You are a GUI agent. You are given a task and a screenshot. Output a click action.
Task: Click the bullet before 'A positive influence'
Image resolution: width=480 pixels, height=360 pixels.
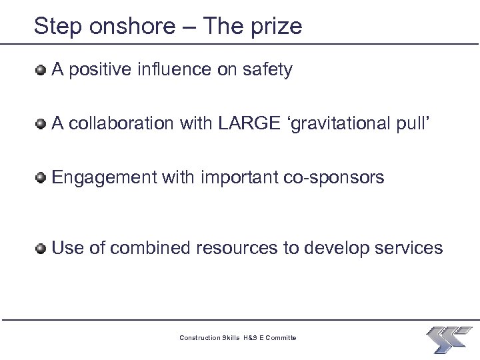coord(41,69)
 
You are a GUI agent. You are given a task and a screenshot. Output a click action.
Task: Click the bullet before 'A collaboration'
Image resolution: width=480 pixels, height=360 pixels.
coord(41,123)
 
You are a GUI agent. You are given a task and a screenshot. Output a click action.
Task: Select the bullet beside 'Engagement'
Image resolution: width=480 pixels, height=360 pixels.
coord(41,177)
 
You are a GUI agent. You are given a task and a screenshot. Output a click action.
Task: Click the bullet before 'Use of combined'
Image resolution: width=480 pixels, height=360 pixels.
coord(41,249)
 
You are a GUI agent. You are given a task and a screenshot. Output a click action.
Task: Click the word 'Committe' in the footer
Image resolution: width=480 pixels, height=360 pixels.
coord(282,338)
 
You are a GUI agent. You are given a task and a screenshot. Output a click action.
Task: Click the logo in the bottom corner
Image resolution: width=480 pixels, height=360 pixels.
coord(448,339)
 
